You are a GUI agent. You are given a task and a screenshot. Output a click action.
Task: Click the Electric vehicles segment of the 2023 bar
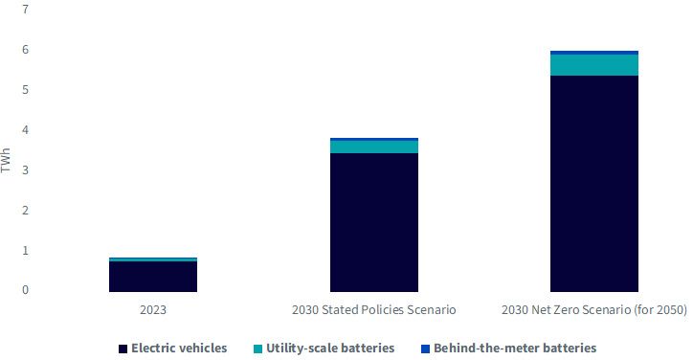153,277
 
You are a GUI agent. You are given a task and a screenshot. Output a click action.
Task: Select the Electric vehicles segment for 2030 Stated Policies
374,222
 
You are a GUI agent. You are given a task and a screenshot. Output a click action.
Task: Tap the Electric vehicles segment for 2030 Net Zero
594,184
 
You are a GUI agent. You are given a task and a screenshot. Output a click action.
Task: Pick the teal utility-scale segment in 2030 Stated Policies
374,146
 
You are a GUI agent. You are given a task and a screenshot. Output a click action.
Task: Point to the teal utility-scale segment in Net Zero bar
594,65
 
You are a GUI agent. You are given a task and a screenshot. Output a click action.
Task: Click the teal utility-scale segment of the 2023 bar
153,259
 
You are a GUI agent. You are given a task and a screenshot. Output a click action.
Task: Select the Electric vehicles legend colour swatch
123,349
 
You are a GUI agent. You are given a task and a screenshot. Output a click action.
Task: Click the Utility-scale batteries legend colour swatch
257,349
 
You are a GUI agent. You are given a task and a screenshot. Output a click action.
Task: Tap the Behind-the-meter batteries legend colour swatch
425,349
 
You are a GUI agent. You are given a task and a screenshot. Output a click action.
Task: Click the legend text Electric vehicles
179,349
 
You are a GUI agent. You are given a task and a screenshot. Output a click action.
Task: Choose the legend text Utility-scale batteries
330,349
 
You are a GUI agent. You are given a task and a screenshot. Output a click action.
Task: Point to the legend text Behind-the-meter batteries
515,349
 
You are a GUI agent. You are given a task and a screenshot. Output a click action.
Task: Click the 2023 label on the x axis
153,309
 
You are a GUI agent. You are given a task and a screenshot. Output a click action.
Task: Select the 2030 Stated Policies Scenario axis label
374,309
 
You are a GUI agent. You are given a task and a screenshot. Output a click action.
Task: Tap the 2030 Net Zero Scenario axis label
594,309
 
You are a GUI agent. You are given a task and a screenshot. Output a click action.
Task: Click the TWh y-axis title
6,161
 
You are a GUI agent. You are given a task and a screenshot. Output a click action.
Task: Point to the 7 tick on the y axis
25,9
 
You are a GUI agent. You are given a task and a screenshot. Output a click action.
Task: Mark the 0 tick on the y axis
25,290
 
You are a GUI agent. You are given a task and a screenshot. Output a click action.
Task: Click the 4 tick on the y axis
25,129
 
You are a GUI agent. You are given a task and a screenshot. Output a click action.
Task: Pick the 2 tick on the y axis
25,210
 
